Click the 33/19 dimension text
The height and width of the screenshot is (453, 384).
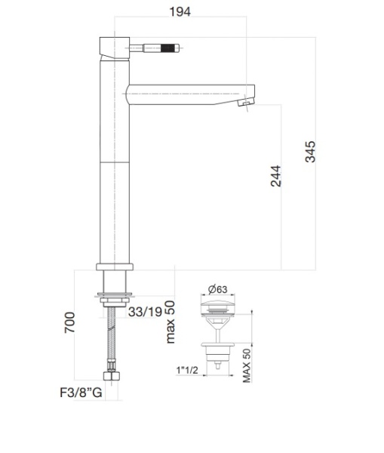pyautogui.click(x=145, y=311)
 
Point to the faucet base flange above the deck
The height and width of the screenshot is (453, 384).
pyautogui.click(x=115, y=267)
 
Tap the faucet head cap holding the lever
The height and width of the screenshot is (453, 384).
pyautogui.click(x=115, y=47)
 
